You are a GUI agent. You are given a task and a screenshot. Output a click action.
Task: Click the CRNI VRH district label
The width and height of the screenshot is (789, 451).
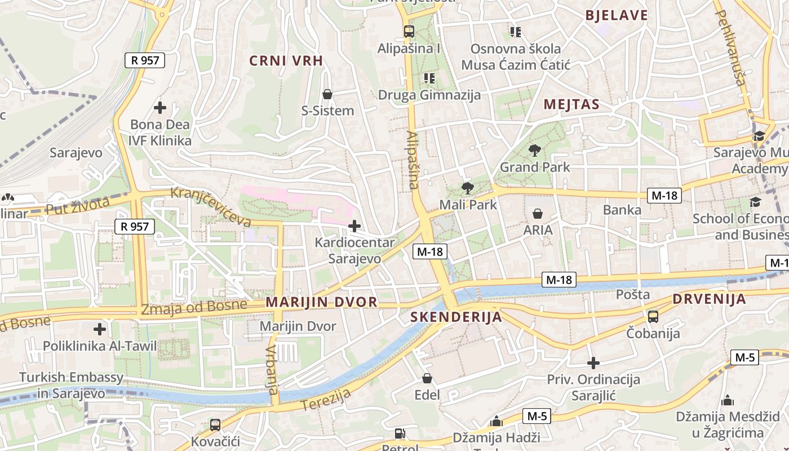point(286,61)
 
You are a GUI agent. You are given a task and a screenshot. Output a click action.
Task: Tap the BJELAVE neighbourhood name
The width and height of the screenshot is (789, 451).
point(617,15)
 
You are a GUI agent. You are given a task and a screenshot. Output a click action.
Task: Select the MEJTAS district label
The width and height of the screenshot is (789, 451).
point(571,104)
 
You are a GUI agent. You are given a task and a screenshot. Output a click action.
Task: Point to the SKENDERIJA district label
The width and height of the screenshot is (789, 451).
point(456,317)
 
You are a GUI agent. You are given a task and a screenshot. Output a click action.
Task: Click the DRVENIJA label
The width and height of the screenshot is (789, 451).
point(709,299)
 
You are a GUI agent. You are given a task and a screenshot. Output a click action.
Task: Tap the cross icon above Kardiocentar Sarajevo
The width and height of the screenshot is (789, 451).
point(354,227)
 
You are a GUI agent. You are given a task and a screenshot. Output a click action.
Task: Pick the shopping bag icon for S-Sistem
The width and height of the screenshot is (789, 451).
point(327,94)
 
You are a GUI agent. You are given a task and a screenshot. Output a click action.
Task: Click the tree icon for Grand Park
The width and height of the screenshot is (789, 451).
point(535,151)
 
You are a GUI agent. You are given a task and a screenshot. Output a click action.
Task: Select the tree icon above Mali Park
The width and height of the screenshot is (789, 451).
point(467,188)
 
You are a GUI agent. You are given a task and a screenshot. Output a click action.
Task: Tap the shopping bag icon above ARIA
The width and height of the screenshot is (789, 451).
point(538,214)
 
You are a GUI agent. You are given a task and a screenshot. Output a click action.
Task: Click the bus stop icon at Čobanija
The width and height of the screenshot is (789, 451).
point(653,317)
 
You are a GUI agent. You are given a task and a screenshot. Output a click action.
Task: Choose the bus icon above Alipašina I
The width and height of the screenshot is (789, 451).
point(409,32)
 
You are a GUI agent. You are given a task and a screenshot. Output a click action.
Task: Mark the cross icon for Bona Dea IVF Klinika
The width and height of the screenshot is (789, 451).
point(160,107)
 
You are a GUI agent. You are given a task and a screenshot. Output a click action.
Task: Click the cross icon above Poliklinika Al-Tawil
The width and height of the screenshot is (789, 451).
point(100,329)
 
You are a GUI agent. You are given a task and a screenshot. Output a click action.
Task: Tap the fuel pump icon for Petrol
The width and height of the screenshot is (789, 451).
point(400,434)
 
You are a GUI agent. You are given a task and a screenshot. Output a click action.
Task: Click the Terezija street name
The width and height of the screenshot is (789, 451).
point(325,399)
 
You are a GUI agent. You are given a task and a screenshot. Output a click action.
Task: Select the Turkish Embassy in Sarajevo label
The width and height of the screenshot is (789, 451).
point(71,385)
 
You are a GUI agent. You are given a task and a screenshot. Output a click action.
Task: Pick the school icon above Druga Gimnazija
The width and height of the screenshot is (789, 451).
point(429,78)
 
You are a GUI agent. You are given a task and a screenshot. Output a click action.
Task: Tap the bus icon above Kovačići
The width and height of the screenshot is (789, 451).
point(215,425)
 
